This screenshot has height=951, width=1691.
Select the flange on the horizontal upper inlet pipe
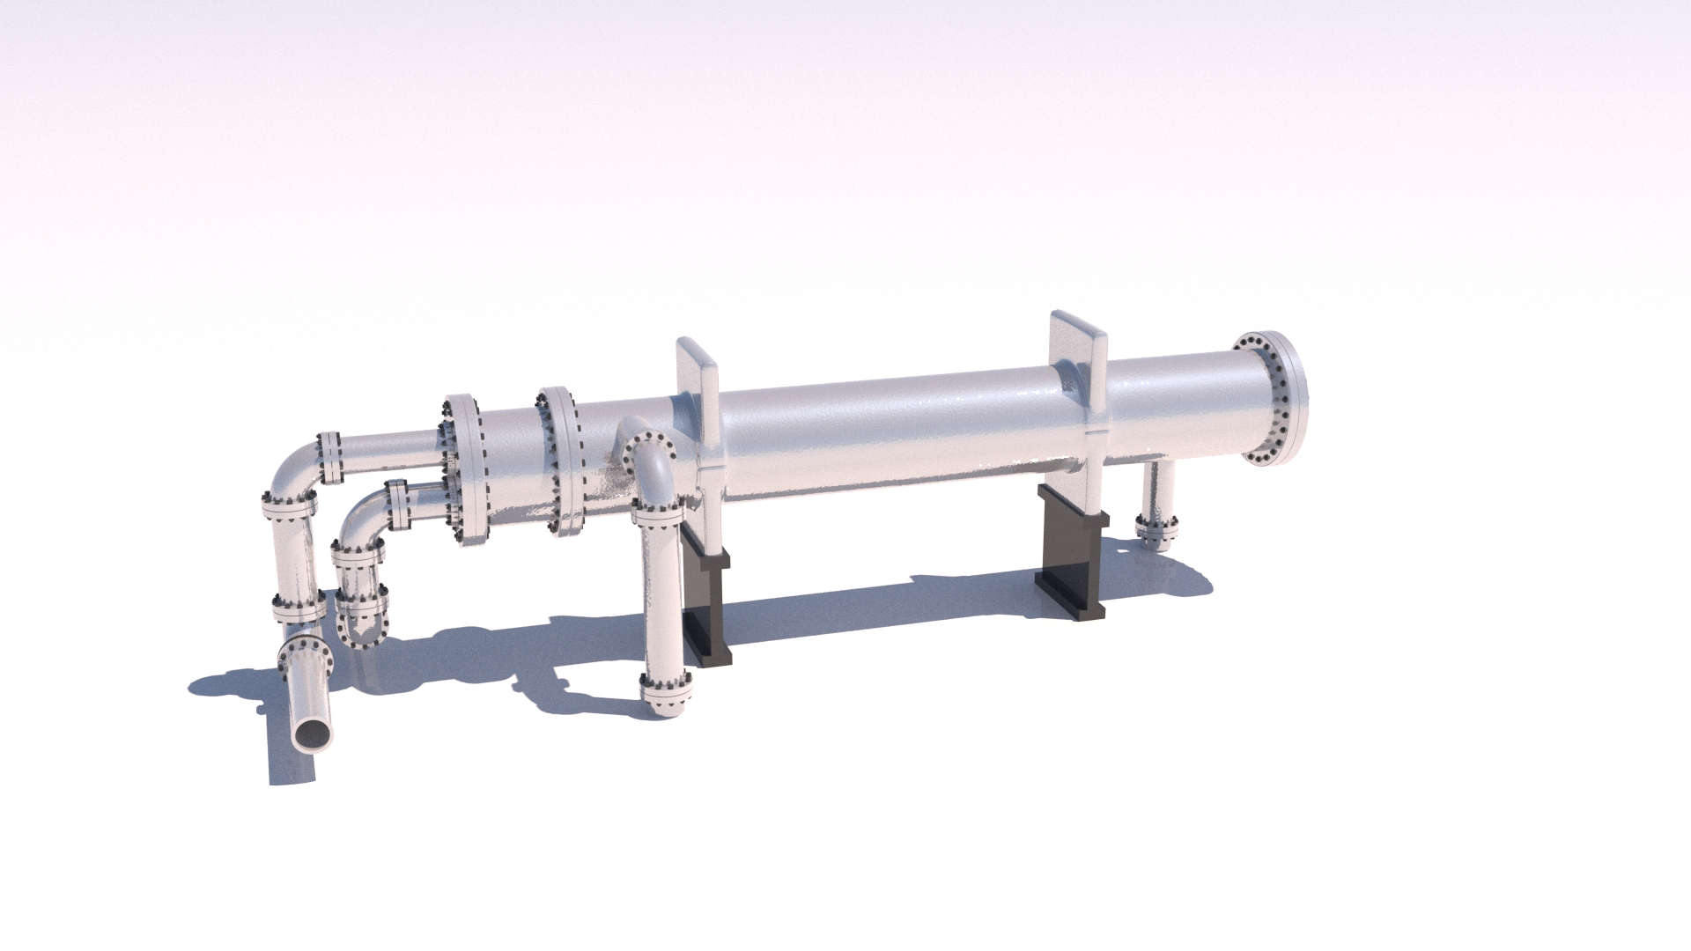point(330,457)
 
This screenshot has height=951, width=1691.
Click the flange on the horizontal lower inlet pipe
point(397,505)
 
